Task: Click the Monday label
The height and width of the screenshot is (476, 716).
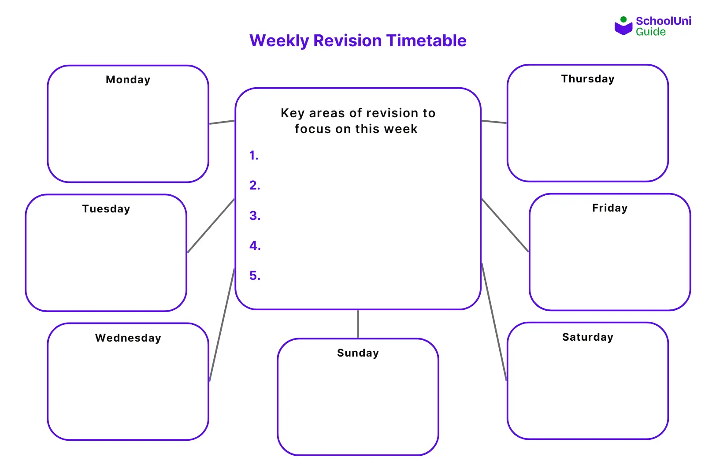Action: (x=128, y=80)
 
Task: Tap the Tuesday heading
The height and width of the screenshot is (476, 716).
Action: (x=106, y=209)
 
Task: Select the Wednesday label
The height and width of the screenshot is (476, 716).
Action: (x=128, y=338)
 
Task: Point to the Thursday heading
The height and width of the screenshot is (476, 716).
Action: (x=587, y=79)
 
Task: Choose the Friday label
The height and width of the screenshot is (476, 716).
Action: (x=609, y=208)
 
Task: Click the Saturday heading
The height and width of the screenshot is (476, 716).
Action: (x=587, y=337)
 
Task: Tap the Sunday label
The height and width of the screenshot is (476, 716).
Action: (x=358, y=353)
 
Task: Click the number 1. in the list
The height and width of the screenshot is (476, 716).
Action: (x=254, y=156)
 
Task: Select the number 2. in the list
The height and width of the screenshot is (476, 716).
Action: (x=255, y=186)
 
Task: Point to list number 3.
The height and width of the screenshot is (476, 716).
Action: (x=255, y=216)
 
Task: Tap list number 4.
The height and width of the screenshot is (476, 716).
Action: (x=255, y=246)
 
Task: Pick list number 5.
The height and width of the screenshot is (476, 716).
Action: (x=255, y=276)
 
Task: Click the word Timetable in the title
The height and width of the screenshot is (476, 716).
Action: (x=426, y=41)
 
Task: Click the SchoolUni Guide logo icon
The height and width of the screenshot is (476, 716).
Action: (x=623, y=26)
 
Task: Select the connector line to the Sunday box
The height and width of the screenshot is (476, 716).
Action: (x=358, y=324)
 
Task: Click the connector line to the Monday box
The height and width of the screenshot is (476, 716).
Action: (x=222, y=122)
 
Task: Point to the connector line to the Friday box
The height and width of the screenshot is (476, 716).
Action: (x=505, y=225)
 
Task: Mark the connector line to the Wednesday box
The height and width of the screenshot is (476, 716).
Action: (x=222, y=325)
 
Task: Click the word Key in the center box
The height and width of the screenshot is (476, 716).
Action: (x=293, y=114)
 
